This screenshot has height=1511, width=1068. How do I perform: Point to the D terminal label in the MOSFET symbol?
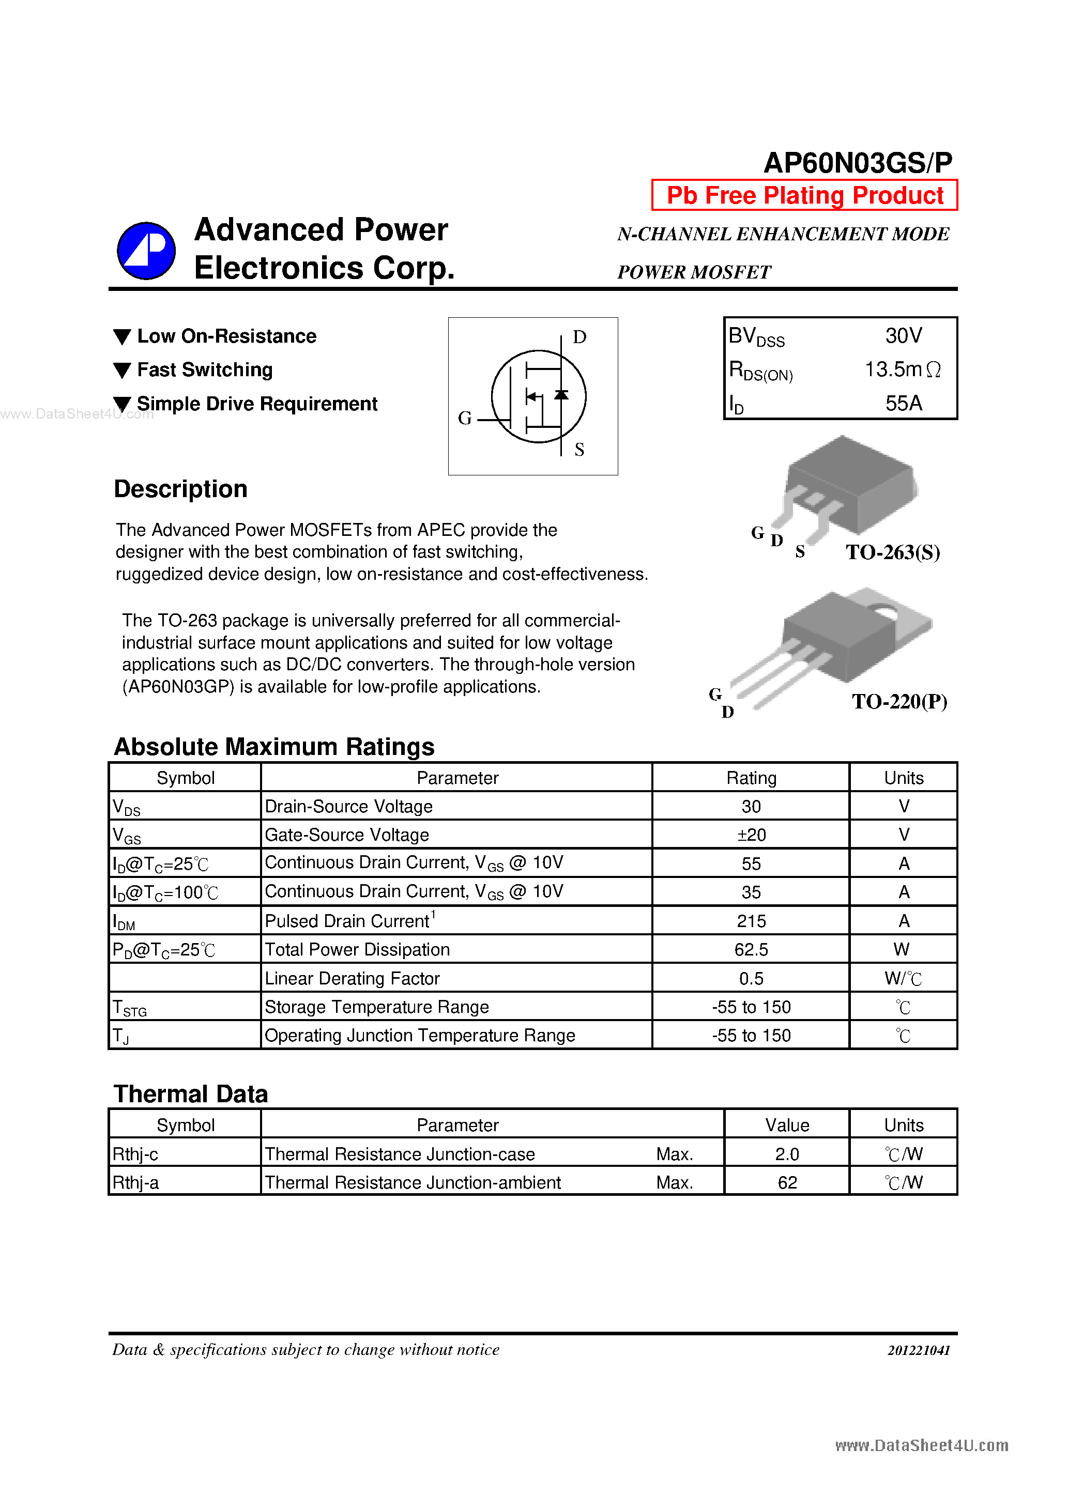pyautogui.click(x=579, y=337)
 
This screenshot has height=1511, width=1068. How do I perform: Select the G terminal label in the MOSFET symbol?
pyautogui.click(x=465, y=418)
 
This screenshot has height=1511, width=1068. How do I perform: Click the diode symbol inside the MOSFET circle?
pyautogui.click(x=561, y=395)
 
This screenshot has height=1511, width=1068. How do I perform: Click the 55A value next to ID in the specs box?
pyautogui.click(x=904, y=403)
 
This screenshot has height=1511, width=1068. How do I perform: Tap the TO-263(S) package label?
pyautogui.click(x=892, y=552)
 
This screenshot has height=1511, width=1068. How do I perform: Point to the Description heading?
pyautogui.click(x=180, y=489)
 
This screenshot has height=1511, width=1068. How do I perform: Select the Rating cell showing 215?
pyautogui.click(x=751, y=921)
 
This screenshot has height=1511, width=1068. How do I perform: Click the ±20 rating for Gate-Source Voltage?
pyautogui.click(x=751, y=835)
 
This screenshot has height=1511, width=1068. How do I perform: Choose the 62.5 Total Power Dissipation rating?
pyautogui.click(x=751, y=949)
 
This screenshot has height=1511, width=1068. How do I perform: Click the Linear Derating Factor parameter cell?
pyautogui.click(x=352, y=978)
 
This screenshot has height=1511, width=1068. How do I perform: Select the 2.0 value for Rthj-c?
pyautogui.click(x=787, y=1153)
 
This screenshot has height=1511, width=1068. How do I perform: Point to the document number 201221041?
pyautogui.click(x=919, y=1350)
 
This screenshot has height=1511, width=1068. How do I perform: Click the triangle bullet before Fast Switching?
pyautogui.click(x=123, y=371)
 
